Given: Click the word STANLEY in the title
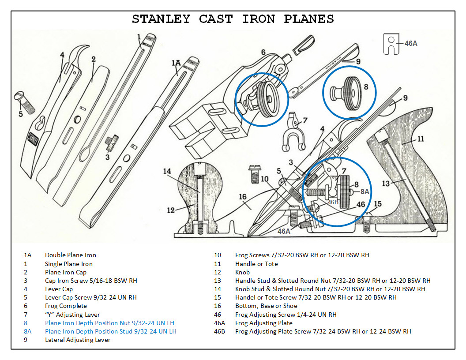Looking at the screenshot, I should [x=161, y=19].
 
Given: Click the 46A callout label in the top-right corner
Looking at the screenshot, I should [x=410, y=43].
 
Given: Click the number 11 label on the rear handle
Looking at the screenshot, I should [x=421, y=139].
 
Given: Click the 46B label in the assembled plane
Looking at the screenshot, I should [x=333, y=202].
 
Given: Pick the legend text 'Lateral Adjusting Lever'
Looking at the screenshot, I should [x=78, y=340].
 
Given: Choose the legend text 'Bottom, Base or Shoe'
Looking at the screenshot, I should [x=266, y=306].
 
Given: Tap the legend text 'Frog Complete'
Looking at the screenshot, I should [x=66, y=306].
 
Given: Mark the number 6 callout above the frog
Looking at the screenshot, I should [x=263, y=52].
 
